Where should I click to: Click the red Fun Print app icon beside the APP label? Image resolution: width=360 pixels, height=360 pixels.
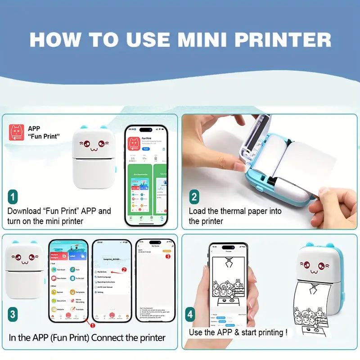click(x=17, y=132)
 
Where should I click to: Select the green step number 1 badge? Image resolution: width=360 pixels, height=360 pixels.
click(x=13, y=197)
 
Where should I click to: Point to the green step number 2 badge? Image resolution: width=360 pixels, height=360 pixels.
click(x=194, y=197)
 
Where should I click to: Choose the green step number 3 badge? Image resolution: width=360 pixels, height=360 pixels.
click(x=13, y=314)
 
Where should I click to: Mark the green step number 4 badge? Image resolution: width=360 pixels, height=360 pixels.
click(x=190, y=314)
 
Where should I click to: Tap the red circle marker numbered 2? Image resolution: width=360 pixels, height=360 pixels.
click(x=124, y=270)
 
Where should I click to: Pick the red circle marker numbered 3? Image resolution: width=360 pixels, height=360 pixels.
click(x=168, y=256)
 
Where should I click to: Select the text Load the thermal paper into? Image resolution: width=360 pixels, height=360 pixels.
click(x=235, y=211)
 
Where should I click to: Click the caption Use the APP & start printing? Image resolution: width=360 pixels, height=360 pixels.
click(x=238, y=333)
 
